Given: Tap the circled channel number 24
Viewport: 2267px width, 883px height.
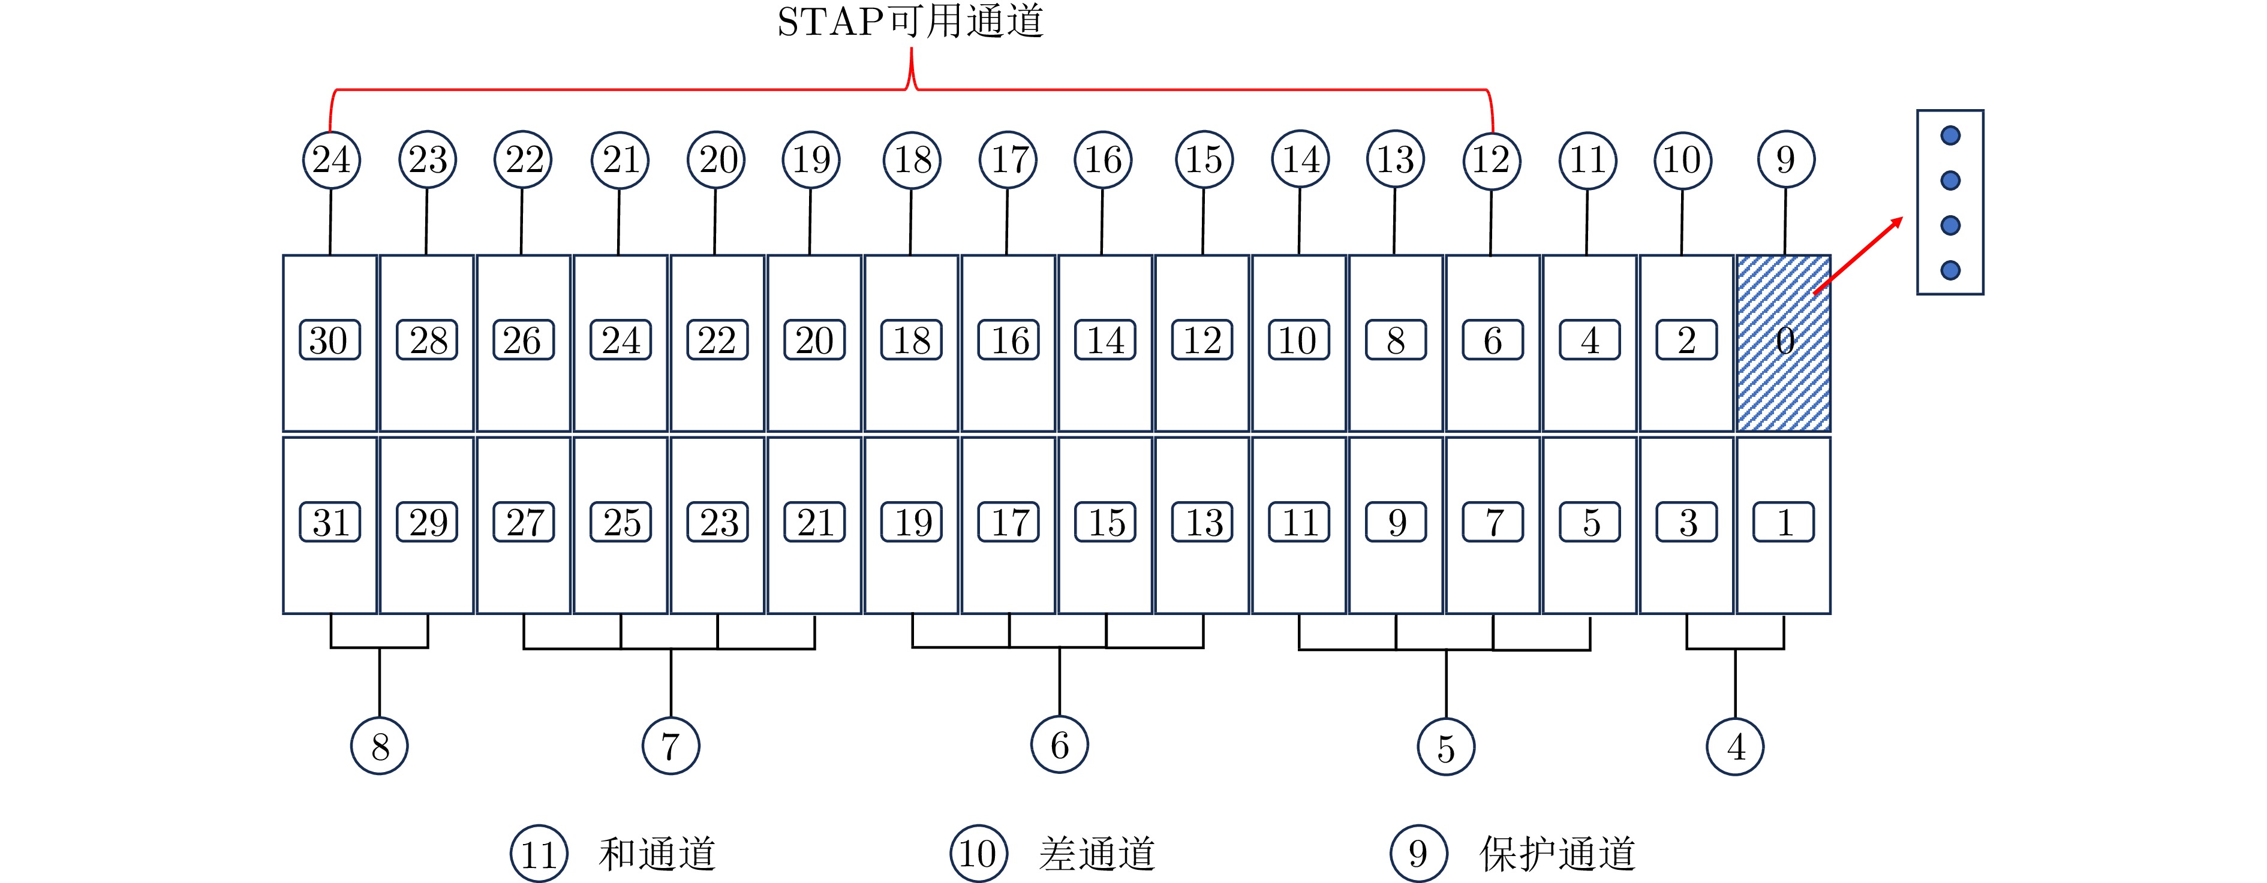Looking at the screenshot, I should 331,160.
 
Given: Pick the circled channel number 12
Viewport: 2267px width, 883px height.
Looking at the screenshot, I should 1491,160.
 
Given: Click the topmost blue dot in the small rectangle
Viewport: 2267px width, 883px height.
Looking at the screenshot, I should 1950,135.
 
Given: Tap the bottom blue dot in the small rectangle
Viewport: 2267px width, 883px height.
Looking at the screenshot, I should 1950,270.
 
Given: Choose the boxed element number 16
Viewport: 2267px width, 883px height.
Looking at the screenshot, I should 1009,341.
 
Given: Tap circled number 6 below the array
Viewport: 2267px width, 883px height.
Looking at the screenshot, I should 1060,746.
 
